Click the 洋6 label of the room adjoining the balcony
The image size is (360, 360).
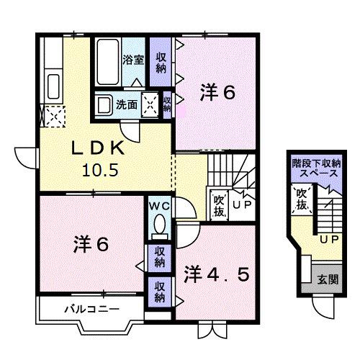point(91,245)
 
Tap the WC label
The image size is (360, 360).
point(158,206)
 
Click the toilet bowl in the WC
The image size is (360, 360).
point(159,225)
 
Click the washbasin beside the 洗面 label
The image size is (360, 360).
point(103,105)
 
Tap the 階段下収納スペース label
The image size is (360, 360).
point(316,168)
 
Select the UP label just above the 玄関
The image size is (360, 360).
point(329,238)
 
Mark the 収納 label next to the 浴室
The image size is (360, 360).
point(161,60)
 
